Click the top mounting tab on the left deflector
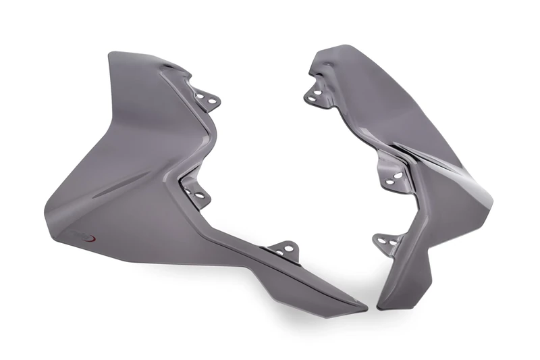coord(207,99)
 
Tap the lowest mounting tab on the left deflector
coord(283,247)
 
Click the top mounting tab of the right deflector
coord(315,94)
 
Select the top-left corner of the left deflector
coord(111,54)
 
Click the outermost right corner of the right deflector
coord(491,203)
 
